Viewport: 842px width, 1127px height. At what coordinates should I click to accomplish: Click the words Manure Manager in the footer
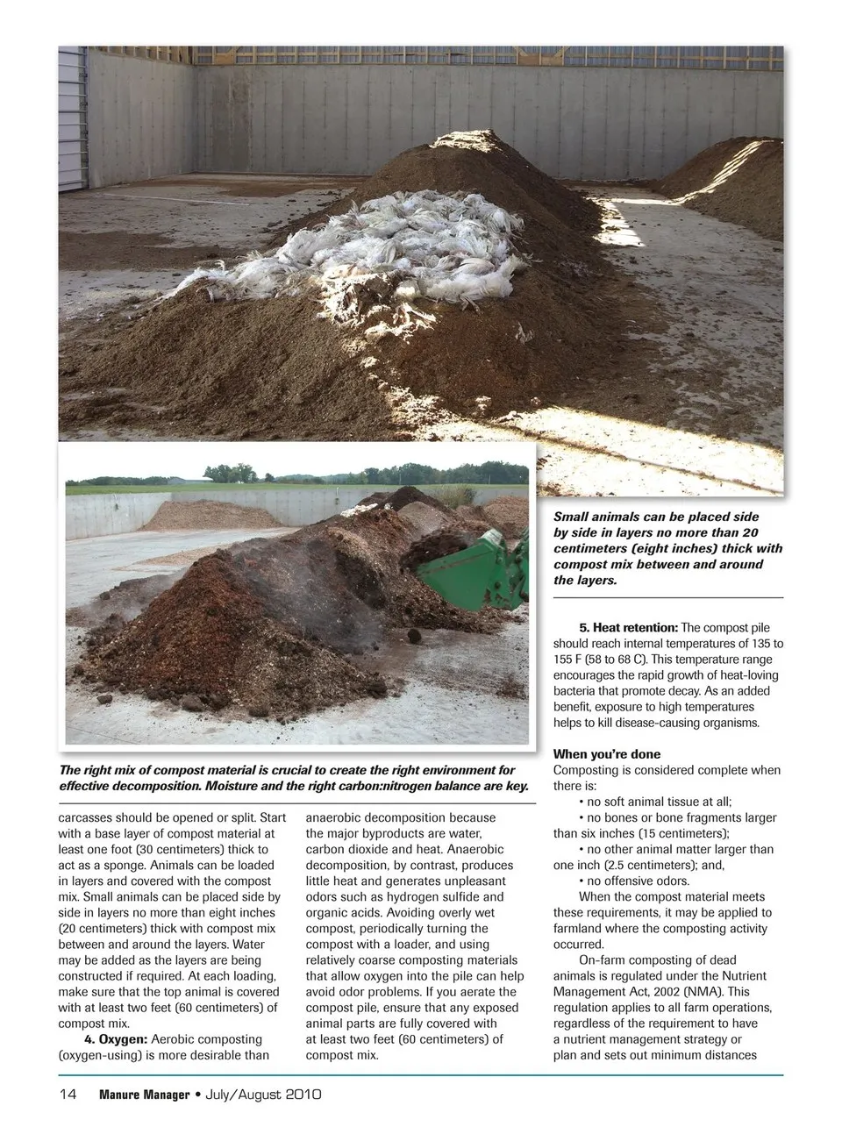[x=145, y=1095]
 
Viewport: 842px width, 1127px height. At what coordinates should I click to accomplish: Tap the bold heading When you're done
[x=607, y=754]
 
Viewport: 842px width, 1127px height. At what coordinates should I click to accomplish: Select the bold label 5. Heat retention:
[x=629, y=628]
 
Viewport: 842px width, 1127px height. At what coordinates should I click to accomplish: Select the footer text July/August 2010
[x=264, y=1095]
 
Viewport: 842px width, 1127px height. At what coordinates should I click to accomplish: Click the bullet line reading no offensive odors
[x=638, y=881]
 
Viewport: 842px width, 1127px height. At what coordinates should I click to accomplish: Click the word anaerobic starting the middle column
[x=334, y=818]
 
